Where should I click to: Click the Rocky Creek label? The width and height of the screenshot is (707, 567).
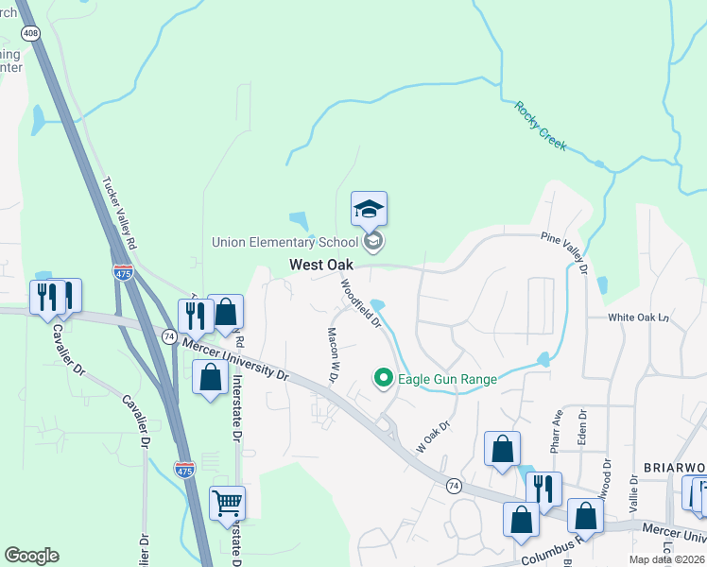540,127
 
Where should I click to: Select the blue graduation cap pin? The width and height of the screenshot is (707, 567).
369,209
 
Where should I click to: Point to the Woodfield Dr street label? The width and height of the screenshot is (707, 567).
360,302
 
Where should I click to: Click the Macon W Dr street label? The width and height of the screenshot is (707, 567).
333,355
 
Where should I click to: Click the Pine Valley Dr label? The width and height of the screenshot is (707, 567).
565,253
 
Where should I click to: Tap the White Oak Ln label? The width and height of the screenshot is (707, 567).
638,318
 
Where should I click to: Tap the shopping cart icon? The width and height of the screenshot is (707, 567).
227,503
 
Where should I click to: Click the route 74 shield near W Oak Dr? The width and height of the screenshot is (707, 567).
455,485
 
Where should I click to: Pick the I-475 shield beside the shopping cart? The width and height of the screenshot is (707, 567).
185,469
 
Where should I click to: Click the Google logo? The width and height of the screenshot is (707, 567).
31,556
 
